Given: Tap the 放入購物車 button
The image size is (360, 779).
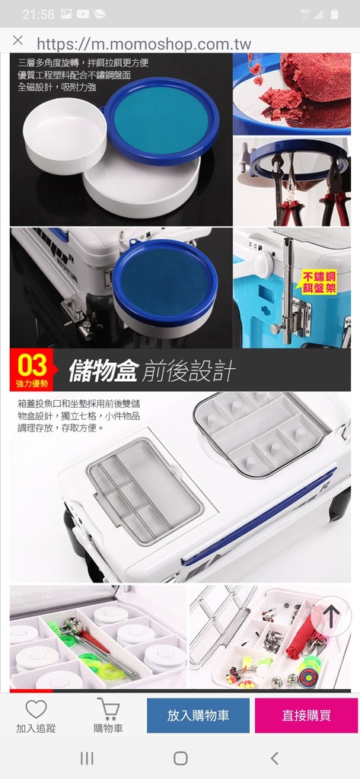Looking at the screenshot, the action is click(198, 715).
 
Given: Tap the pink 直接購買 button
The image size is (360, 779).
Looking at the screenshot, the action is click(306, 715).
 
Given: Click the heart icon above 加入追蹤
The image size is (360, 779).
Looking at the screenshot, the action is click(36, 709).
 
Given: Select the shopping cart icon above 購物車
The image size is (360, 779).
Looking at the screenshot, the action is click(108, 709).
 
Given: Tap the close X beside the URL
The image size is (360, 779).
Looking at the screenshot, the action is click(18, 40).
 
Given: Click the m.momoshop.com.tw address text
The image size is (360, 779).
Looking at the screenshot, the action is click(144, 43).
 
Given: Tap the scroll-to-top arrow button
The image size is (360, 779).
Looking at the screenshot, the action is click(331, 616).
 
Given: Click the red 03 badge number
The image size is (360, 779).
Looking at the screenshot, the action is click(32, 365).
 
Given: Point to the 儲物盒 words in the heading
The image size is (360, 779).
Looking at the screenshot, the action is click(103, 370).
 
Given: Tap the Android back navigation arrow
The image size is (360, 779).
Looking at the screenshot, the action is click(275, 758).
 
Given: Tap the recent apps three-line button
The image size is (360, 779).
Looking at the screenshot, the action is click(87, 758).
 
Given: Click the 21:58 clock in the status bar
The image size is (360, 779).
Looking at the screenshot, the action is click(38, 14).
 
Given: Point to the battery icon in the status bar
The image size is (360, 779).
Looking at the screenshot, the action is click(334, 14).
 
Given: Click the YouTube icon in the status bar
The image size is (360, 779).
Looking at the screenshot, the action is click(82, 14).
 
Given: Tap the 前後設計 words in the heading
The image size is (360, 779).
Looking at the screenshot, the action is click(189, 371).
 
